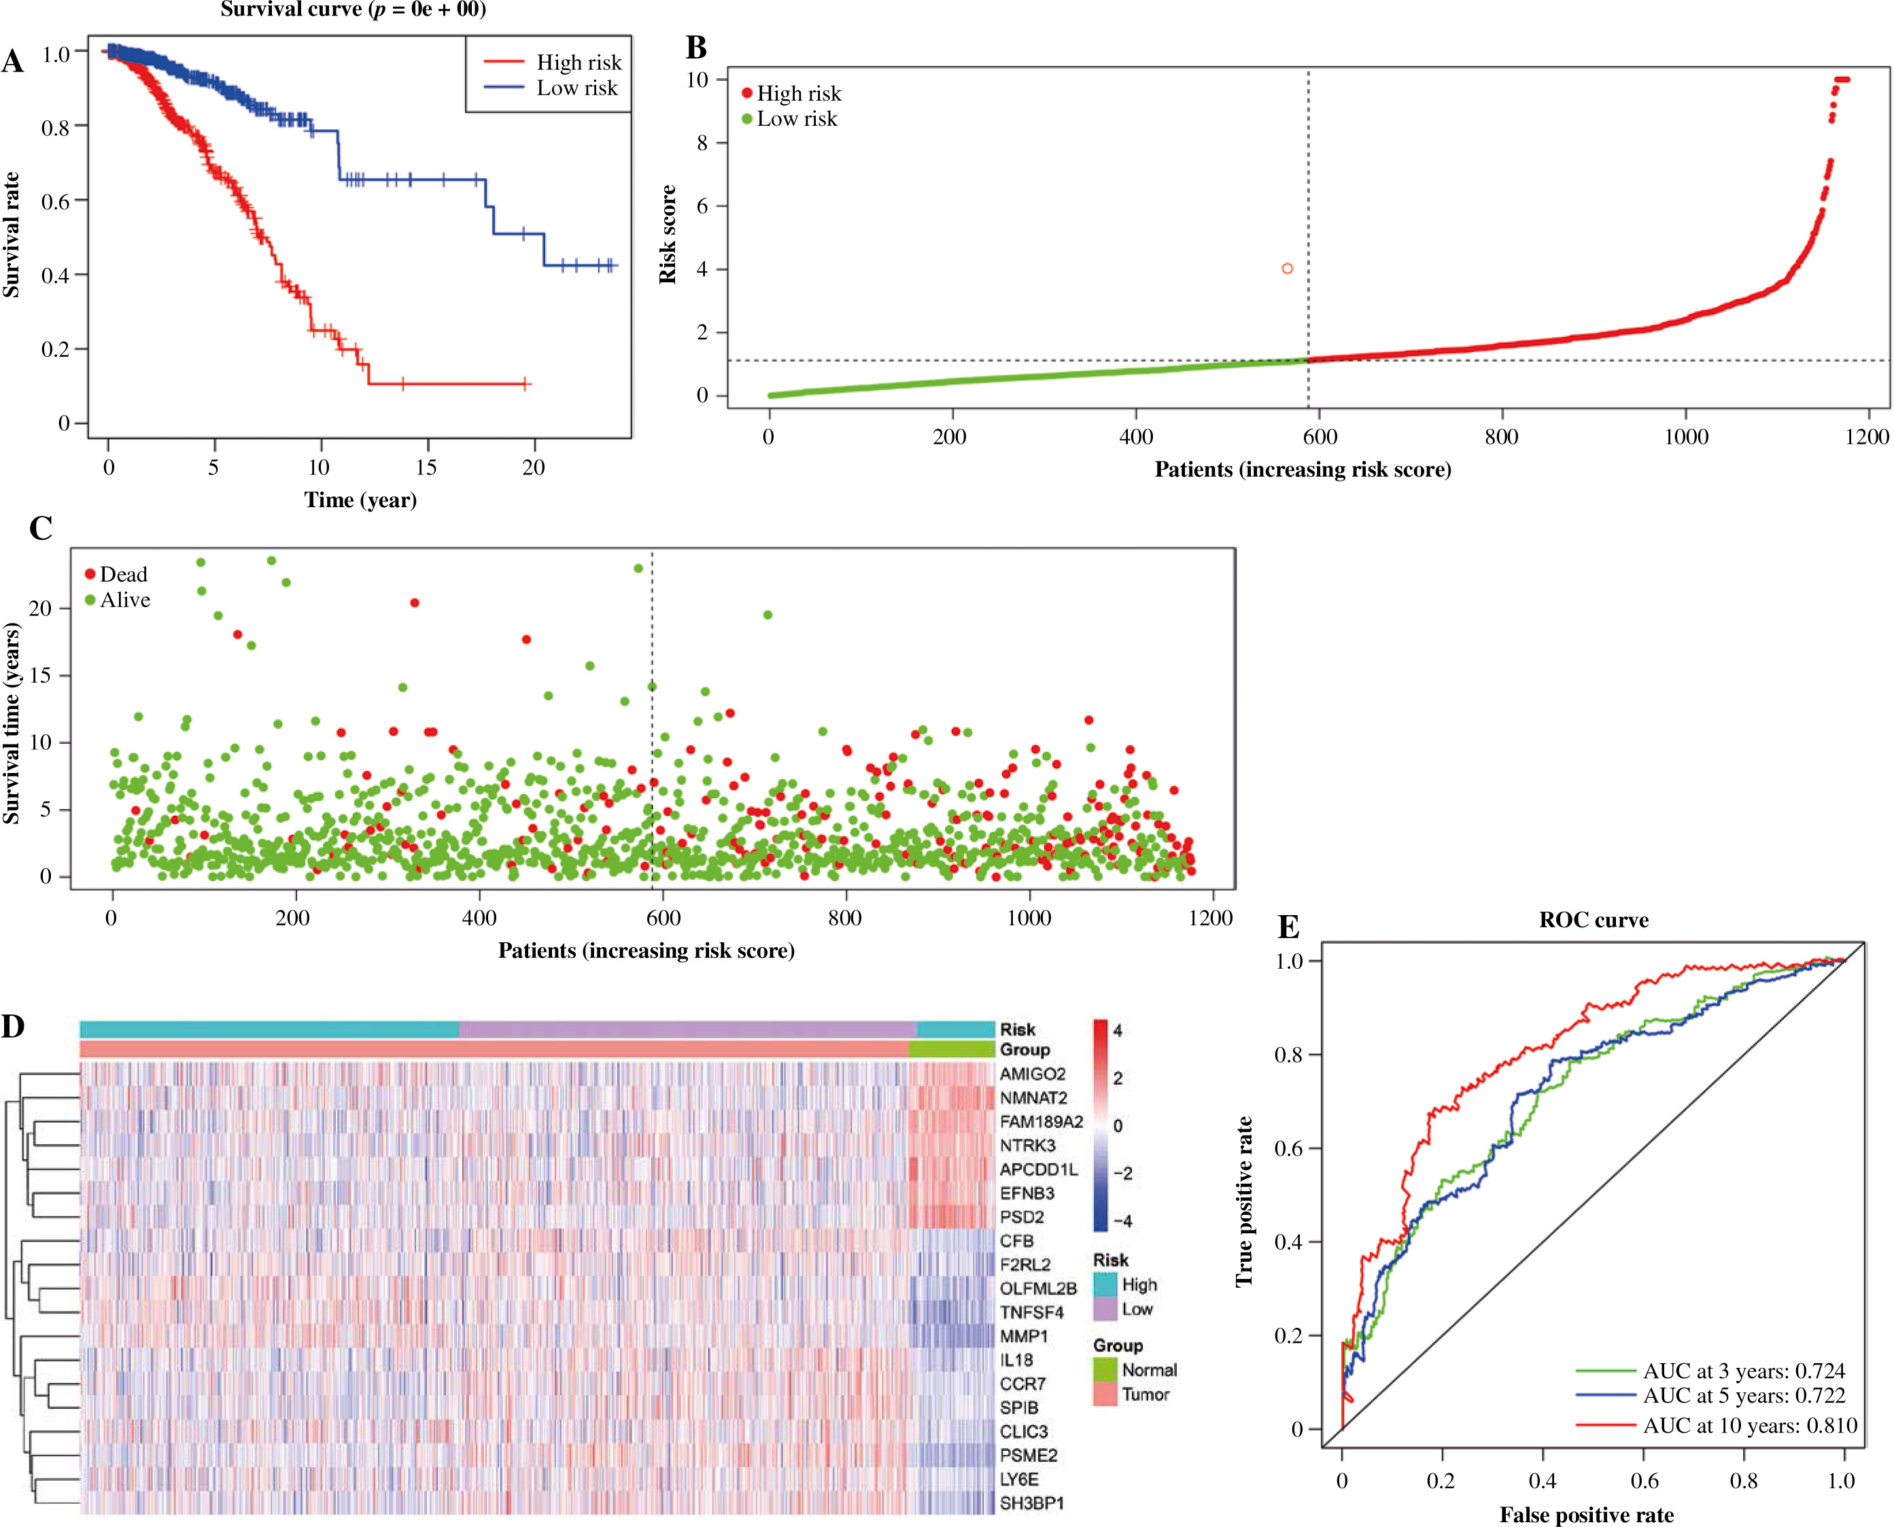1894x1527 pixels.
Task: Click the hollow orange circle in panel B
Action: coord(1288,269)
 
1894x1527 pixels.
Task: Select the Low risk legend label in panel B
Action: coord(797,119)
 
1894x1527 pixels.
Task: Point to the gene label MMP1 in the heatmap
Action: coord(1024,1336)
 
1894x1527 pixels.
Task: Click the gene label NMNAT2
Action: coord(1033,1098)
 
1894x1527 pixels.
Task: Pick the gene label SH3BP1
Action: coord(1031,1503)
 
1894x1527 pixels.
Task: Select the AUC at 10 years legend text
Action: coord(1750,1426)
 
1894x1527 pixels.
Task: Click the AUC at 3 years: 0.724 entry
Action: coord(1744,1371)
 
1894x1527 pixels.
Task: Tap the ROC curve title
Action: coord(1594,920)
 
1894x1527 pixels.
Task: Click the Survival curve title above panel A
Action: coord(353,10)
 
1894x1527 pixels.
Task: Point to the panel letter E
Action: coord(1288,927)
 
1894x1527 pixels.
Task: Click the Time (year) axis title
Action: coord(360,500)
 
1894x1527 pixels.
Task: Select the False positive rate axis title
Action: coord(1586,1515)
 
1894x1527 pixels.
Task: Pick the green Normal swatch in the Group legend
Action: coord(1105,1369)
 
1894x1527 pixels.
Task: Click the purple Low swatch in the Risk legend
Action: coord(1105,1309)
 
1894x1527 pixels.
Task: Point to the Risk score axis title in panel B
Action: coord(668,235)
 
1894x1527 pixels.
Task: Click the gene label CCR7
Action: coord(1022,1384)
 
